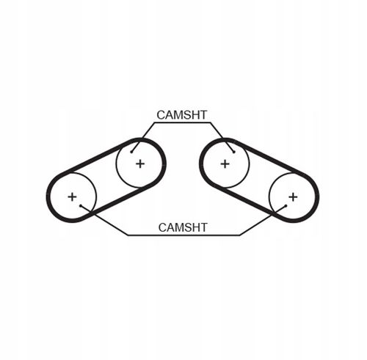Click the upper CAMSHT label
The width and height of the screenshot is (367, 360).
[182, 115]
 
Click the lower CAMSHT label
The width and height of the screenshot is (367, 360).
[183, 227]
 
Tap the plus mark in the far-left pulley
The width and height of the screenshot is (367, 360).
[72, 196]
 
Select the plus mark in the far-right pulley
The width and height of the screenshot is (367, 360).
[293, 197]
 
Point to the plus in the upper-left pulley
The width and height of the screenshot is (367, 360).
[140, 164]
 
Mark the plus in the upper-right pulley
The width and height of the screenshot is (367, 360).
[225, 164]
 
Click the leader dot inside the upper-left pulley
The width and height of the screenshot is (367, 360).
[131, 152]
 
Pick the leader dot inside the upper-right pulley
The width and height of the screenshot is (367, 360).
[234, 152]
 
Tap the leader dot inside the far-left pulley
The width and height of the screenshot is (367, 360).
[81, 205]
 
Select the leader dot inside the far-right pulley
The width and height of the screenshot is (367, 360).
[286, 205]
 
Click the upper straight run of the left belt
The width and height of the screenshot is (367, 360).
[98, 156]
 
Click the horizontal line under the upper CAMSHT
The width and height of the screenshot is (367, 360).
[182, 122]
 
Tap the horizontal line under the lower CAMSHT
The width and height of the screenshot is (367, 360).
[183, 235]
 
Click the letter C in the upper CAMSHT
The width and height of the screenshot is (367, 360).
[161, 115]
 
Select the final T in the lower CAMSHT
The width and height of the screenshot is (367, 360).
[203, 227]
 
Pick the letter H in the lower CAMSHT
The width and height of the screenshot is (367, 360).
[195, 227]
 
